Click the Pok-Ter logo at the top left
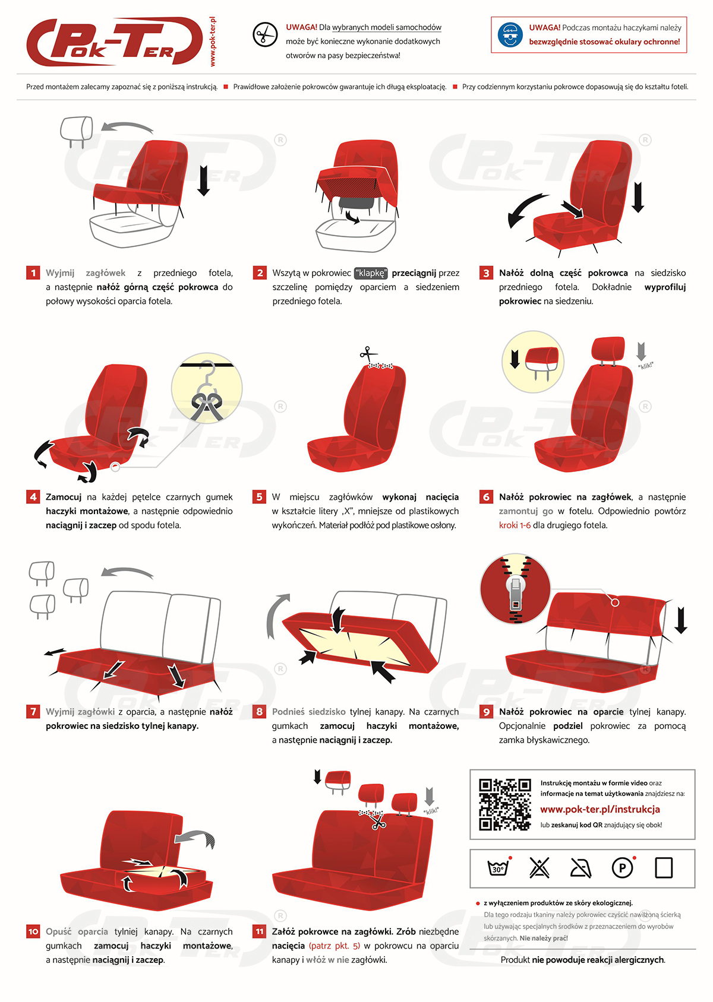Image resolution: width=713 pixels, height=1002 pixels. click(x=115, y=42)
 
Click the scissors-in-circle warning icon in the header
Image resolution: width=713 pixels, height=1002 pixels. click(x=265, y=34)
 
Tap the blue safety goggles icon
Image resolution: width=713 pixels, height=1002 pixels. click(x=510, y=35)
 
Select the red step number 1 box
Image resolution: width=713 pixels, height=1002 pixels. click(x=33, y=272)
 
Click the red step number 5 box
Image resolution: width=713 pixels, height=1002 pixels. click(x=259, y=496)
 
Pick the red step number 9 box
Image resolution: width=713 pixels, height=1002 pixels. click(x=485, y=711)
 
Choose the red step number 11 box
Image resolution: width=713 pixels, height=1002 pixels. click(x=259, y=931)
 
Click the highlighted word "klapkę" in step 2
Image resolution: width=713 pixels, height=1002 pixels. click(x=370, y=273)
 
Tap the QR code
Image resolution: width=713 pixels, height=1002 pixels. click(x=504, y=804)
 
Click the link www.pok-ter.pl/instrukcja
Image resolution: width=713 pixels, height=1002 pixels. click(x=600, y=808)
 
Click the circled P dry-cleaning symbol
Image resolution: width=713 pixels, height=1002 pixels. click(x=623, y=867)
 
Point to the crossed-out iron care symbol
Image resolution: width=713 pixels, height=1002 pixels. click(x=581, y=868)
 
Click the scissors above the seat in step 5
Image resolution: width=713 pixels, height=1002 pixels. click(x=368, y=353)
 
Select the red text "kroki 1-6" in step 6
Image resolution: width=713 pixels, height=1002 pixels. click(x=515, y=525)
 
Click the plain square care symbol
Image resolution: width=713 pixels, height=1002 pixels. click(x=663, y=868)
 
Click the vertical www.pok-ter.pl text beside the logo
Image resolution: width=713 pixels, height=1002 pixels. click(x=213, y=42)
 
